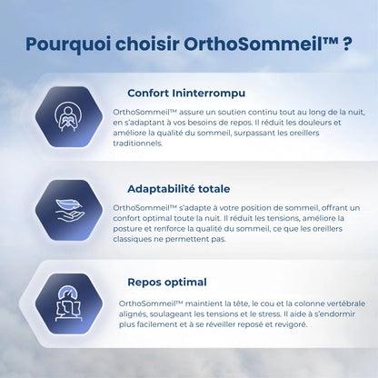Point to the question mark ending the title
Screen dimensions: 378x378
[x=349, y=44]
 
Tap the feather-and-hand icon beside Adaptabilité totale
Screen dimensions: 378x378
[x=65, y=214]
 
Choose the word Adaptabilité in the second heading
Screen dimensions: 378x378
[x=167, y=189]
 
